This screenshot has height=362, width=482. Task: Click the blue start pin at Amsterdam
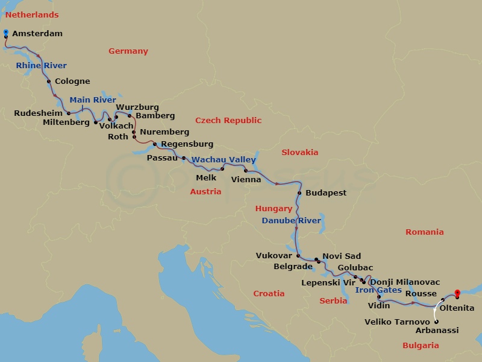pos(5,32)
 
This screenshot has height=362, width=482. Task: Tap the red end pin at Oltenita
pos(457,294)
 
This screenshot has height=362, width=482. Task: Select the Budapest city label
pos(326,193)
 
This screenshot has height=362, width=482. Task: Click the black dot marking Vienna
pos(246,171)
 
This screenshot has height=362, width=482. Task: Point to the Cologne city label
pos(72,81)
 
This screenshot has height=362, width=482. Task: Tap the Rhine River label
pos(41,66)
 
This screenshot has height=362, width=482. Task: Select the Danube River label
pos(291,221)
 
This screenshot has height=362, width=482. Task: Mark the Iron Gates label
pos(378,290)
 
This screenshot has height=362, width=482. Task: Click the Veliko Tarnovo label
pos(397,322)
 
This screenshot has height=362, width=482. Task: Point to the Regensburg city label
pos(187,145)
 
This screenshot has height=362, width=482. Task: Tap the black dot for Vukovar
pos(298,256)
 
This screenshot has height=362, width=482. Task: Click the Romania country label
pos(424,232)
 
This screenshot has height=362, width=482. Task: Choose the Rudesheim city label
pos(39,113)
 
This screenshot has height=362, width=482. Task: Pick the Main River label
pos(92,100)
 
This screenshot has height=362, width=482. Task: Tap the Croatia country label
pos(269,294)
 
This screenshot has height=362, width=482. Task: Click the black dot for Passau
pos(183,158)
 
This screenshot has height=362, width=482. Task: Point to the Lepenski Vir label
pos(328,282)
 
